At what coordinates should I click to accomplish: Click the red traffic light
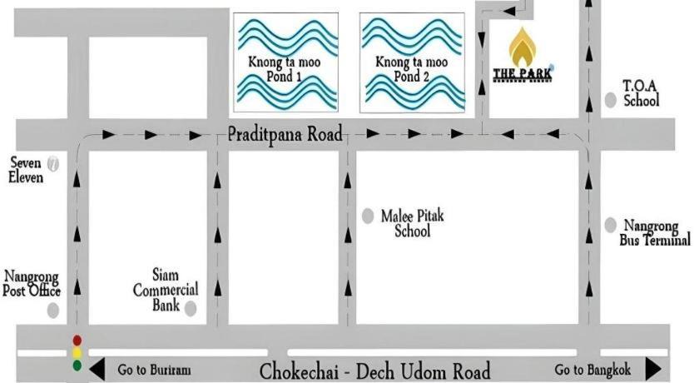coord(77,340)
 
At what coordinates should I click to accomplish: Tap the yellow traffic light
coord(77,352)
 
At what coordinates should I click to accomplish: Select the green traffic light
coord(77,365)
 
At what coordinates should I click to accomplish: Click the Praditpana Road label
coord(285,135)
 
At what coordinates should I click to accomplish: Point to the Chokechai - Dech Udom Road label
coord(374,371)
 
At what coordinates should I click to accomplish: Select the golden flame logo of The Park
coord(522,47)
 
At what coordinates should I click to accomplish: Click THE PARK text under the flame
coord(522,75)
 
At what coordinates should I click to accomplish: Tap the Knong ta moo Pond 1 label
coord(286,69)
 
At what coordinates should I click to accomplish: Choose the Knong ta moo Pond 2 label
coord(413,69)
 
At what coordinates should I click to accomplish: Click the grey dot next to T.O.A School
coord(611,100)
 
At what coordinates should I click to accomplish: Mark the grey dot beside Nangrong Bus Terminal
coord(610,225)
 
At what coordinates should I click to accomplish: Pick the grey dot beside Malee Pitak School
coord(368,216)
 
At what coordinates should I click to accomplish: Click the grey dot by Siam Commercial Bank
coord(190,309)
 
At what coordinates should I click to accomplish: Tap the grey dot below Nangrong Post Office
coord(53,311)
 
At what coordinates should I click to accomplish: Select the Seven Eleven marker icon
coord(54,164)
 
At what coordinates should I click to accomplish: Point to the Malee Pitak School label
coord(413,224)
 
